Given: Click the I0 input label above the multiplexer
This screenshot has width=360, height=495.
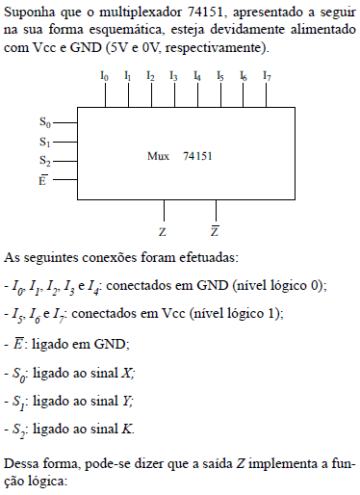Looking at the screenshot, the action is coord(104,75).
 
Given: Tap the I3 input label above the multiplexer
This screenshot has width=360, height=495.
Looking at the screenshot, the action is coord(173,75).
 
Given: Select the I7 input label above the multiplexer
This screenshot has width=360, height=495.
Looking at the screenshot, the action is coord(267,75).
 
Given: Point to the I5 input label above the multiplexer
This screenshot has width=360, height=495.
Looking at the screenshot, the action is coord(220,75).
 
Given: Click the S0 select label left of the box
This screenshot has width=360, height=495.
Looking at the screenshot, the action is coord(44,122).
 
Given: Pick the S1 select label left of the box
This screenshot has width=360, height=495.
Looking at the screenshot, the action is coord(44,142).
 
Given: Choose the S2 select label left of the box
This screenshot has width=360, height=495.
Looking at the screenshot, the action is coord(44,161).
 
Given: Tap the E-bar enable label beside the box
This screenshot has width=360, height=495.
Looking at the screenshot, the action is coord(43,179).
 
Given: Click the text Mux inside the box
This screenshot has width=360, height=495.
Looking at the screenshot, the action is coord(159,156).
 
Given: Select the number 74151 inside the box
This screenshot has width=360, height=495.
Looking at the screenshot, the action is coord(198,156).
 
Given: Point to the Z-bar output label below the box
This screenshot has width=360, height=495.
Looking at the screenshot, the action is coord(214,232).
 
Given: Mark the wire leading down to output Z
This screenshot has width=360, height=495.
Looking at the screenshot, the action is coord(166,210).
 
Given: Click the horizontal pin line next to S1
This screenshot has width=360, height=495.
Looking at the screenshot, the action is coord(64,142).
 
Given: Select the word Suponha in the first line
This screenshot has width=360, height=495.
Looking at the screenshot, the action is coord(29,11).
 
